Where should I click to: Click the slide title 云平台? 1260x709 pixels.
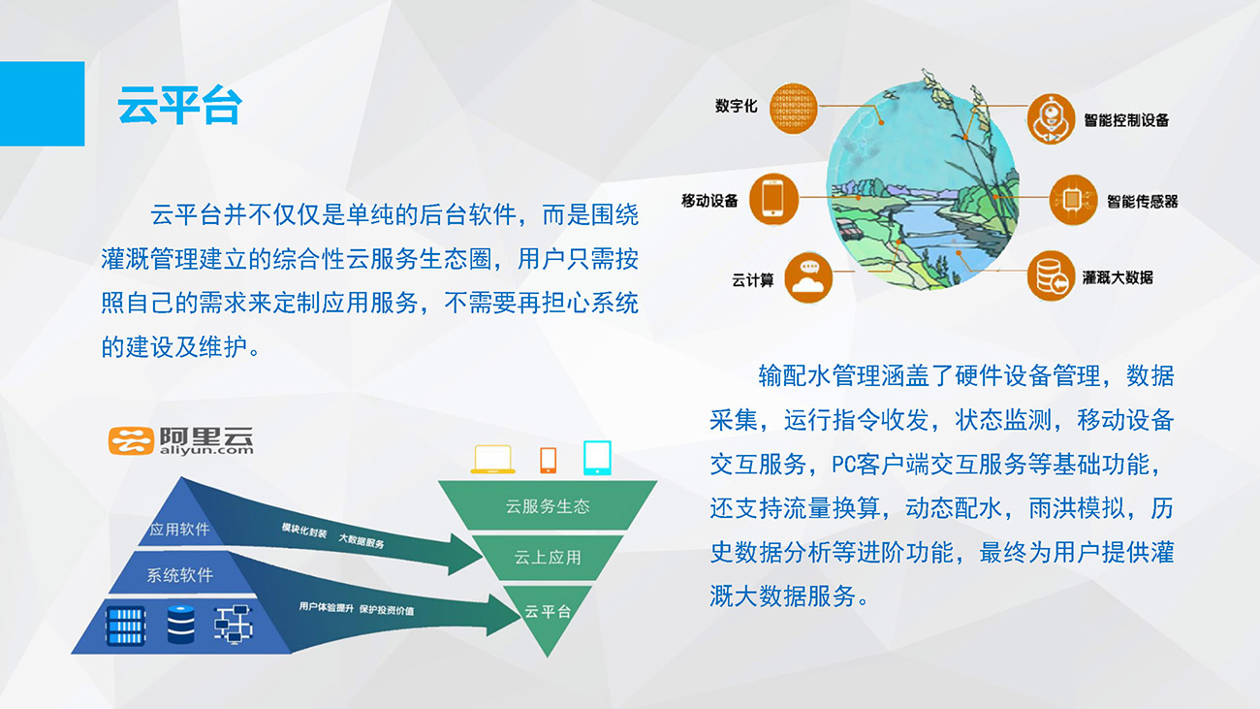pyautogui.click(x=179, y=105)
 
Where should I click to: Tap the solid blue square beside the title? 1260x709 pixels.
pyautogui.click(x=43, y=104)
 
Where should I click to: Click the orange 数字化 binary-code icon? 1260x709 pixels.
pyautogui.click(x=793, y=109)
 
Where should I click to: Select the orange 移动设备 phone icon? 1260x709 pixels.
pyautogui.click(x=773, y=199)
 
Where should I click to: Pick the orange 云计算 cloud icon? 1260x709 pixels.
pyautogui.click(x=808, y=278)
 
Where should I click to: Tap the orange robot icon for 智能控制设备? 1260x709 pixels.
pyautogui.click(x=1051, y=119)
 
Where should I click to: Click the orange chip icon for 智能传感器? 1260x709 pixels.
pyautogui.click(x=1073, y=199)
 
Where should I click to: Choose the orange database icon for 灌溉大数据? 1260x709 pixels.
pyautogui.click(x=1051, y=275)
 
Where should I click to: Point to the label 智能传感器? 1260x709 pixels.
pyautogui.click(x=1142, y=202)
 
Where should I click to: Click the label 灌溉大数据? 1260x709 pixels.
pyautogui.click(x=1118, y=277)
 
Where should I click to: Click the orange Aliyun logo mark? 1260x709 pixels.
pyautogui.click(x=131, y=440)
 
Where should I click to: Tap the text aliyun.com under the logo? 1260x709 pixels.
pyautogui.click(x=206, y=450)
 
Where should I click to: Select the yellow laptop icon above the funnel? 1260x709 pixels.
pyautogui.click(x=492, y=459)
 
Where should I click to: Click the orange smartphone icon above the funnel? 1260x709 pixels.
pyautogui.click(x=548, y=461)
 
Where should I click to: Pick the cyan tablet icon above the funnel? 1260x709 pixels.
pyautogui.click(x=597, y=458)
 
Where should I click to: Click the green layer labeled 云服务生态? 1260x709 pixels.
pyautogui.click(x=548, y=505)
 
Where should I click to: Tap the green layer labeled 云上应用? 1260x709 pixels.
pyautogui.click(x=548, y=558)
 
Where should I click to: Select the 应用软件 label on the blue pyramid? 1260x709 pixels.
pyautogui.click(x=179, y=529)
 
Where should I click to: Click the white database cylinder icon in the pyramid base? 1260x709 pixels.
pyautogui.click(x=181, y=625)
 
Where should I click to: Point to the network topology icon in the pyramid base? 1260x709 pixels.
pyautogui.click(x=234, y=624)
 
